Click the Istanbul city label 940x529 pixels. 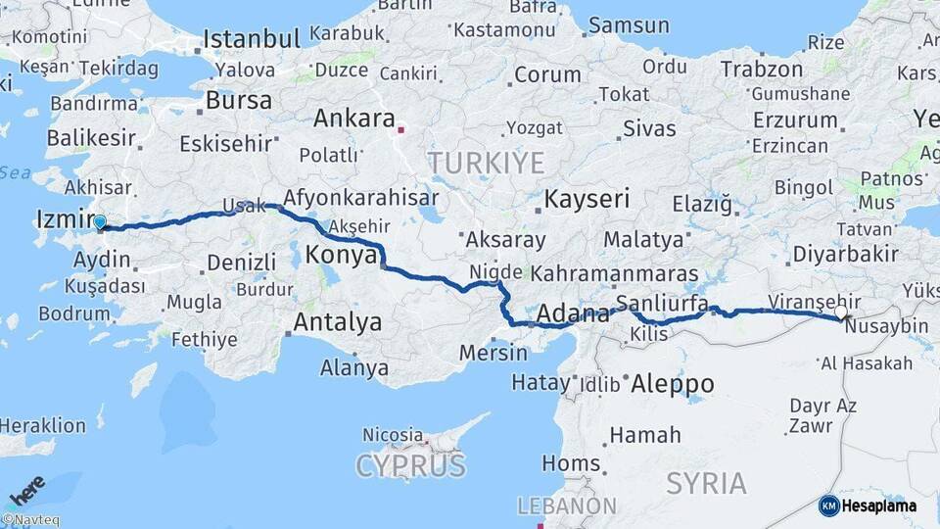(x=252, y=40)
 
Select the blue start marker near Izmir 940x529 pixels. (x=99, y=222)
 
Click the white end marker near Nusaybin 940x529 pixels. (x=840, y=312)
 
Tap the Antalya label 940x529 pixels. (x=338, y=322)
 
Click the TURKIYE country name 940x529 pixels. (x=485, y=163)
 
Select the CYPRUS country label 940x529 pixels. (x=410, y=466)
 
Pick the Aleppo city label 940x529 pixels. (x=673, y=384)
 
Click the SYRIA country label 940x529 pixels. (x=706, y=482)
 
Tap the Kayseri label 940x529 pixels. (x=587, y=200)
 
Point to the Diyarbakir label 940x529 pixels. (x=845, y=254)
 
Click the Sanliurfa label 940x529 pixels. (x=662, y=304)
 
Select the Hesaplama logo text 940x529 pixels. (x=878, y=505)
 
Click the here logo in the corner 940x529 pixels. (x=27, y=490)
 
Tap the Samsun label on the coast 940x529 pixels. (x=629, y=25)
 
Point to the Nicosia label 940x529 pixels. (x=393, y=434)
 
